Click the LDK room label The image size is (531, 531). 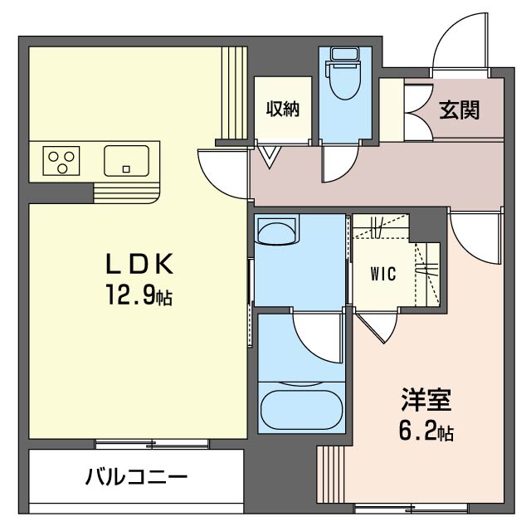140,264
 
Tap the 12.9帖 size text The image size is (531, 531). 139,295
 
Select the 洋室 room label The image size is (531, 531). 426,400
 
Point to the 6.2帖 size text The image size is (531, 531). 426,431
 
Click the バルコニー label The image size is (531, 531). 136,478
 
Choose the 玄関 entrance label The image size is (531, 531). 459,110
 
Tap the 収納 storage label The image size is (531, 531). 283,109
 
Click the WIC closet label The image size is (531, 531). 383,274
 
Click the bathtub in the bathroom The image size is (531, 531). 301,411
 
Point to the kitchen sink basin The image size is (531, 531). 126,161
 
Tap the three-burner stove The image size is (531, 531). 61,161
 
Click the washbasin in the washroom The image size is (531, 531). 278,230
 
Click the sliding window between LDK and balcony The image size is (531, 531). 152,444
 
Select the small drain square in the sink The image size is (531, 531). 126,169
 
